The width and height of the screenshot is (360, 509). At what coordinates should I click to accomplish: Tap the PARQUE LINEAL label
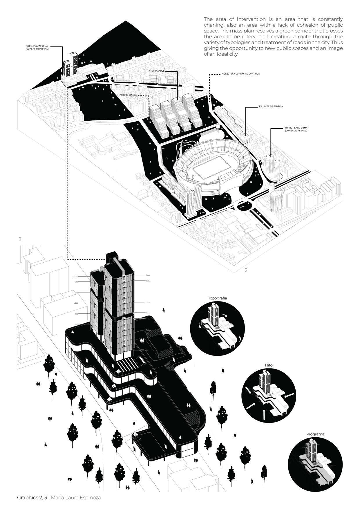129,95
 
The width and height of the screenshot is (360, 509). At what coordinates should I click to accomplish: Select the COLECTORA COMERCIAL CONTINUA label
241,74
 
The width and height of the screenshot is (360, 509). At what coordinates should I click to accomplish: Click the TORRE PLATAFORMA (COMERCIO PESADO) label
294,129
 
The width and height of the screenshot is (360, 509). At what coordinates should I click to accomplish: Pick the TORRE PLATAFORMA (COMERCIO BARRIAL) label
37,47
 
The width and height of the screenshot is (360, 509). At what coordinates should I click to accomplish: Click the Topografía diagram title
218,298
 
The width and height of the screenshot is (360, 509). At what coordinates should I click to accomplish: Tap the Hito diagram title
269,365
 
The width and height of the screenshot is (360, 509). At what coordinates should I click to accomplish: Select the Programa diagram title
315,434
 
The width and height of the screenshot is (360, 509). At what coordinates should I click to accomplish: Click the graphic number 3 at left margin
20,239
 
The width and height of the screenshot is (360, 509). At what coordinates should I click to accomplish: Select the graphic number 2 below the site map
246,270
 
